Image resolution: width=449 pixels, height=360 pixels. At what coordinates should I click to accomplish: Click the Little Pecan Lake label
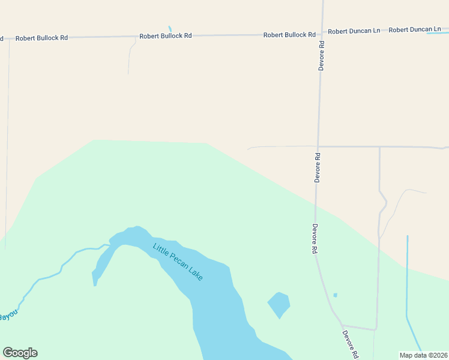pos(178,262)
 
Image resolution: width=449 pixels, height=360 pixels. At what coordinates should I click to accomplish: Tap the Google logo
pos(20,353)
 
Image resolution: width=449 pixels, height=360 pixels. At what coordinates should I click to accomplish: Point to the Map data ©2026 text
pos(423,355)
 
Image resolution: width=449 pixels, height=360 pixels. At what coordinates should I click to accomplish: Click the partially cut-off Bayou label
pos(7,316)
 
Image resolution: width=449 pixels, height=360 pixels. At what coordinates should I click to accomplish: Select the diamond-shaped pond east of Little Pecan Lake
pos(279,304)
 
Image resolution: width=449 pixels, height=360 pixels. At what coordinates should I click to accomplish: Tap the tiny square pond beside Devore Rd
pos(335,295)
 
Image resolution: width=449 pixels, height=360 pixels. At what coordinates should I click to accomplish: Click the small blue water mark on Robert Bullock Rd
pos(170,28)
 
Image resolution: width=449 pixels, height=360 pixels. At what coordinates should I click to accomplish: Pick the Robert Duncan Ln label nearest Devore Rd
pos(354,31)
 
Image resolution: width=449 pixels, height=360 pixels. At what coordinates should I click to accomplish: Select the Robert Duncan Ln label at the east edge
pos(415,29)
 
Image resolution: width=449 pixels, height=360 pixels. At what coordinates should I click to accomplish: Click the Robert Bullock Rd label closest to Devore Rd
pos(289,35)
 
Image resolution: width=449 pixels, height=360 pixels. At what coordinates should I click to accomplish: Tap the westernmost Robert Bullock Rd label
pos(41,38)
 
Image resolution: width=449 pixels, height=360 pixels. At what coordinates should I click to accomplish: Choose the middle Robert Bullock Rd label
pos(165,36)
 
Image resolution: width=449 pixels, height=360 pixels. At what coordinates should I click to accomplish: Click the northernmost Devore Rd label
pos(322,56)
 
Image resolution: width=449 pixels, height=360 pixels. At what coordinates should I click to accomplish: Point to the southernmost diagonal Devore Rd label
pos(350,344)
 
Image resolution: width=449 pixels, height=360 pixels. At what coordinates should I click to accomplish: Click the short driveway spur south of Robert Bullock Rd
pos(129,57)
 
